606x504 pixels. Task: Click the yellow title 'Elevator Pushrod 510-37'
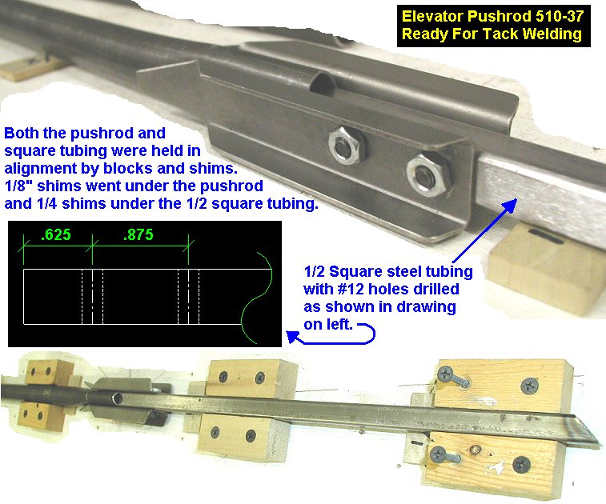492,16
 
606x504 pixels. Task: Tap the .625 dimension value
56,235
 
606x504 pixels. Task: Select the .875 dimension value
138,235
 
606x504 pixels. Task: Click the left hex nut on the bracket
347,146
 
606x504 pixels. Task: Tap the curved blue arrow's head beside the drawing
293,337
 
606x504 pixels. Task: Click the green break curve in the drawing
257,298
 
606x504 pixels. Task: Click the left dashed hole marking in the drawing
92,297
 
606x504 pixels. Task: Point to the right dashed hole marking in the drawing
189,297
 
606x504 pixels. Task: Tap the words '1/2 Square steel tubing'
388,271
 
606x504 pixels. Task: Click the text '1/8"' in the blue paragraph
18,186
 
